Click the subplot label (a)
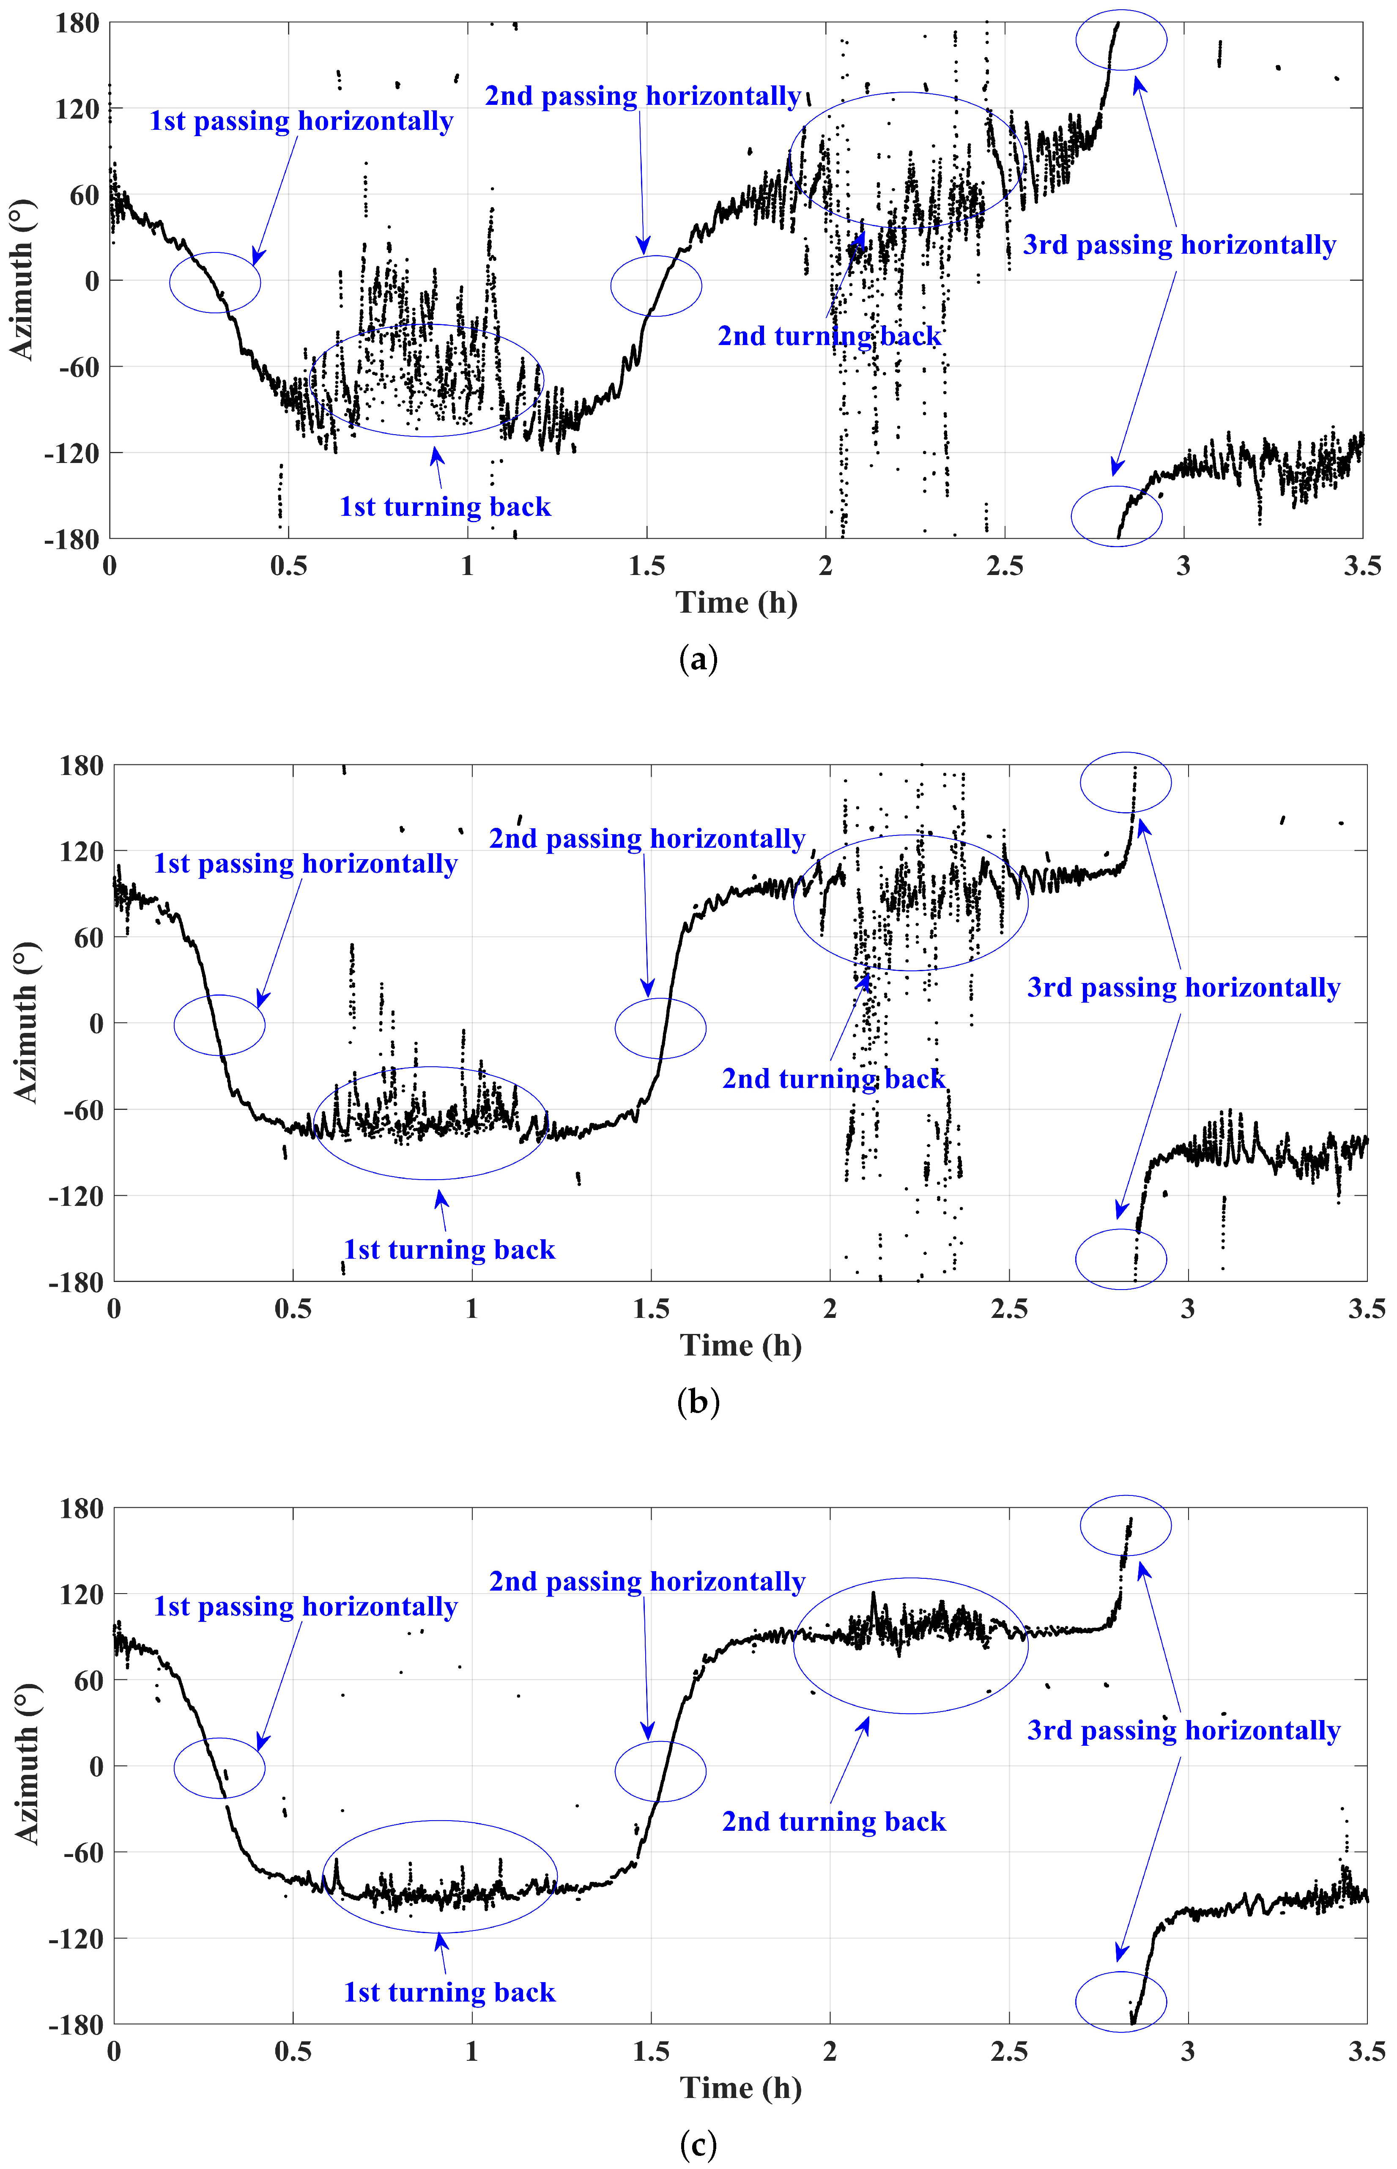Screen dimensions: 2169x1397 click(x=698, y=660)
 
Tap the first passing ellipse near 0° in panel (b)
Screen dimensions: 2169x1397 click(x=219, y=1025)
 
